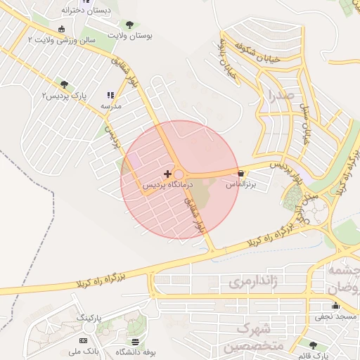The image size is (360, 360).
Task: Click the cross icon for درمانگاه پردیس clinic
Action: coord(167,174)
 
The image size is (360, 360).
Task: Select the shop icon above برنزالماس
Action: coord(241,173)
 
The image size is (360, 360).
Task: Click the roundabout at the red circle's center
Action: coord(179,175)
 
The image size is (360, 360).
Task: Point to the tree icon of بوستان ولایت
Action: coord(129,25)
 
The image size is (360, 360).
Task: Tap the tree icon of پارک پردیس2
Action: coord(65,84)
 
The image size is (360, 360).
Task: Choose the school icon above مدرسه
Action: coord(110,95)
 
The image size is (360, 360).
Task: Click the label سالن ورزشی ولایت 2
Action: coord(61,41)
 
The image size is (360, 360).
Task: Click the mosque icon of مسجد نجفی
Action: coord(335,306)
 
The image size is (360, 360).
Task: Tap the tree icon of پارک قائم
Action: coord(313,345)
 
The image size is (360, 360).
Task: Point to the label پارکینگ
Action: coord(89,318)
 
